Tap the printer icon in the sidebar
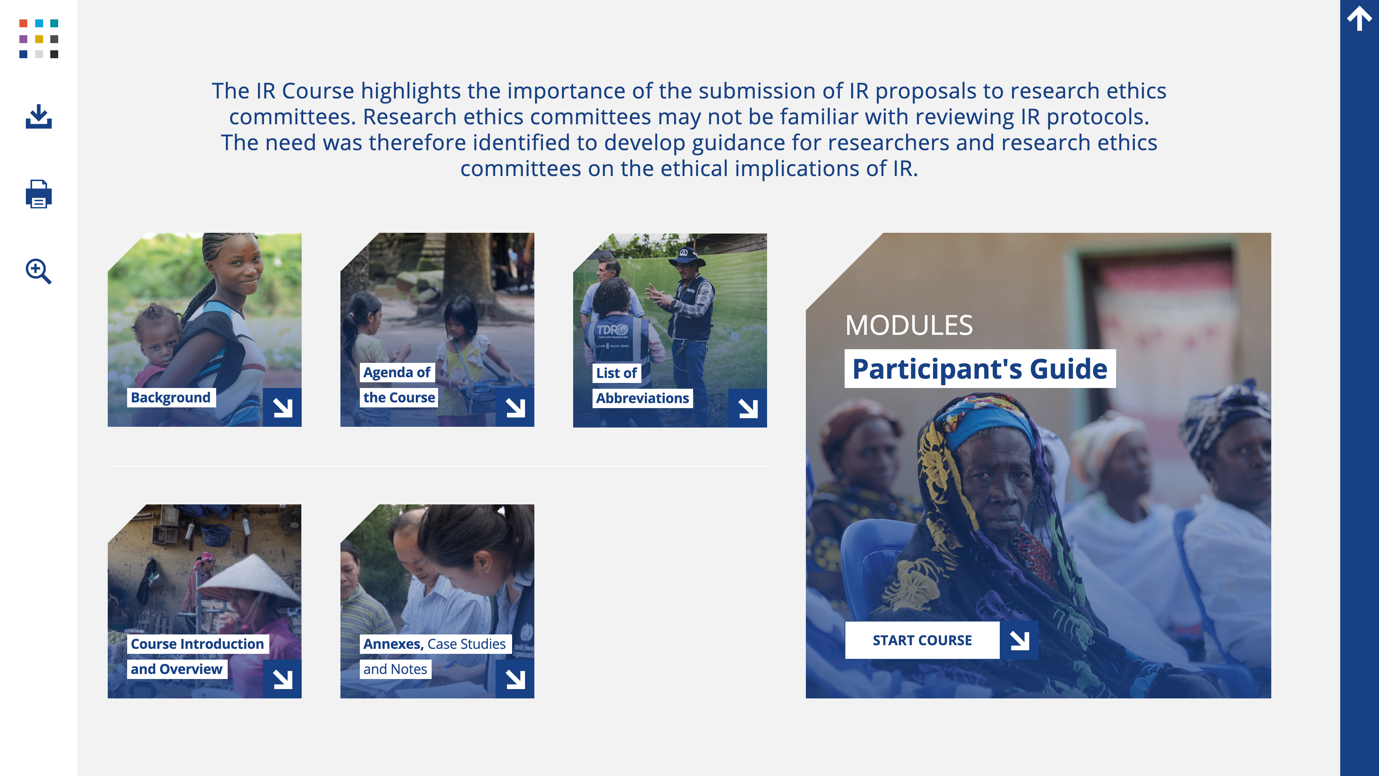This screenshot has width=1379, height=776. click(38, 194)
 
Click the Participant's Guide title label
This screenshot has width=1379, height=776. click(980, 369)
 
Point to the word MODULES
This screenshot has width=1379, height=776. click(909, 325)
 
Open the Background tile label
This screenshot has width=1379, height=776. click(171, 397)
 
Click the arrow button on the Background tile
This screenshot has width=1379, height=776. click(282, 407)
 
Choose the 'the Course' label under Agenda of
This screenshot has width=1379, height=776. click(399, 397)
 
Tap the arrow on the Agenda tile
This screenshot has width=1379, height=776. click(515, 407)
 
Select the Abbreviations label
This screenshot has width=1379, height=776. click(642, 398)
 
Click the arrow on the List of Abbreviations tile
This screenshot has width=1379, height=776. click(748, 408)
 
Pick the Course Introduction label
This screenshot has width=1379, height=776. click(198, 644)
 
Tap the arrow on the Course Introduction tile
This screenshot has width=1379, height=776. click(282, 679)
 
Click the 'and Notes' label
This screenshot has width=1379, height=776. click(395, 669)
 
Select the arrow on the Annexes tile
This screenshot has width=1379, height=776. click(515, 679)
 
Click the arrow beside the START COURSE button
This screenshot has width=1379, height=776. click(1019, 640)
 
